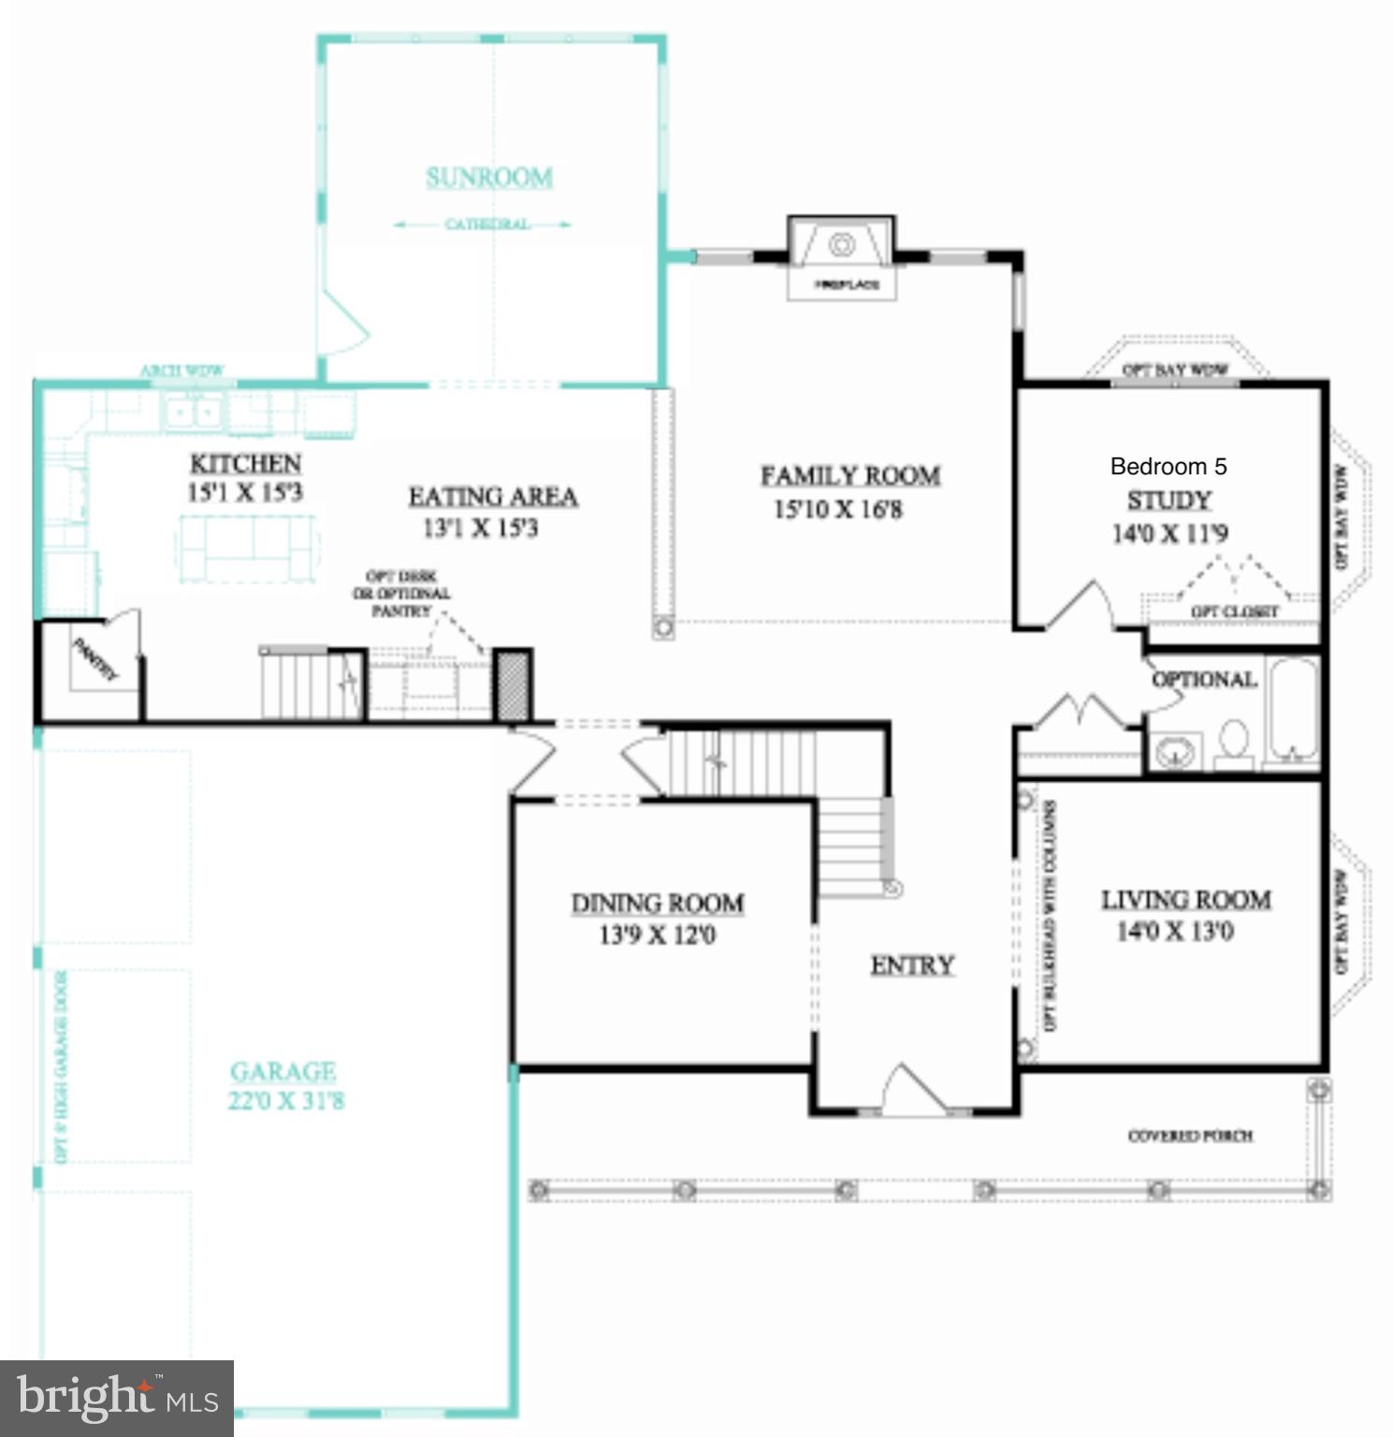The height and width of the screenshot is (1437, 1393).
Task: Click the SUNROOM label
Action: [x=489, y=177]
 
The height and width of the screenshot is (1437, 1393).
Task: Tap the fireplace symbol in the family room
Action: [x=842, y=245]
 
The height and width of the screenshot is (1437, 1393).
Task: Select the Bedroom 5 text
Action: [x=1168, y=466]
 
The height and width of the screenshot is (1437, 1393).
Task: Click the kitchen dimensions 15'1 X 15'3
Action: [x=245, y=492]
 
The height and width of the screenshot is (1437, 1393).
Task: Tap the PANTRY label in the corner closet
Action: [x=96, y=659]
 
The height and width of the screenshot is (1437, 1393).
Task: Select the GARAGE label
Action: [x=283, y=1071]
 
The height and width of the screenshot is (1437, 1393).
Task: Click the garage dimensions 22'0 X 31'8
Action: [x=286, y=1101]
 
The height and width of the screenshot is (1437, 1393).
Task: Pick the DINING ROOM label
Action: [x=658, y=903]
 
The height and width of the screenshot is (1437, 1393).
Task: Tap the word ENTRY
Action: [x=912, y=965]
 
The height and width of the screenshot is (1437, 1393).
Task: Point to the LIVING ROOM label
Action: [x=1185, y=899]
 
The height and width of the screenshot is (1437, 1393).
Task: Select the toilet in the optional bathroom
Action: [x=1234, y=743]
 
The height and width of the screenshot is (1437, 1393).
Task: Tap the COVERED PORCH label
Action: [x=1190, y=1136]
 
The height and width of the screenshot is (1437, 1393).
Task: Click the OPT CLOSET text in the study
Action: [x=1234, y=611]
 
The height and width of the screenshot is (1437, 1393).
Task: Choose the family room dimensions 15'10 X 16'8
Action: [x=837, y=510]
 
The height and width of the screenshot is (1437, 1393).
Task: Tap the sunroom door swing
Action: [x=342, y=323]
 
